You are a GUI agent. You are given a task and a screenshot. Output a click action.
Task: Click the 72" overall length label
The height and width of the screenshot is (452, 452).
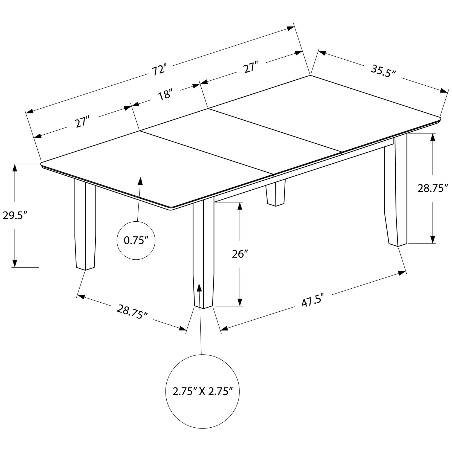tap(159, 70)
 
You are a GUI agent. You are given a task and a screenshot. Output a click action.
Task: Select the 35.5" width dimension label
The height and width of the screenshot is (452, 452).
tap(383, 71)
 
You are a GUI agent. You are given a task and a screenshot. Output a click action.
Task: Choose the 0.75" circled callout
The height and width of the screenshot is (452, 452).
tap(136, 241)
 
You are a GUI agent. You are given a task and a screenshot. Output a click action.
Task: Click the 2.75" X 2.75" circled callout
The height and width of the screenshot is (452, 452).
tap(202, 391)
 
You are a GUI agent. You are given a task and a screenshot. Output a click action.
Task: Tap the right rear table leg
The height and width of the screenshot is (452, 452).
tap(396, 192)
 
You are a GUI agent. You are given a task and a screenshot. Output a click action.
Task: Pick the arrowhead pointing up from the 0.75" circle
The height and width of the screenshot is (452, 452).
tap(140, 181)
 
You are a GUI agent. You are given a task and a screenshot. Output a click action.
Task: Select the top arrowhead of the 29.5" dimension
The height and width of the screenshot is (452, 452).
tap(15, 167)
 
